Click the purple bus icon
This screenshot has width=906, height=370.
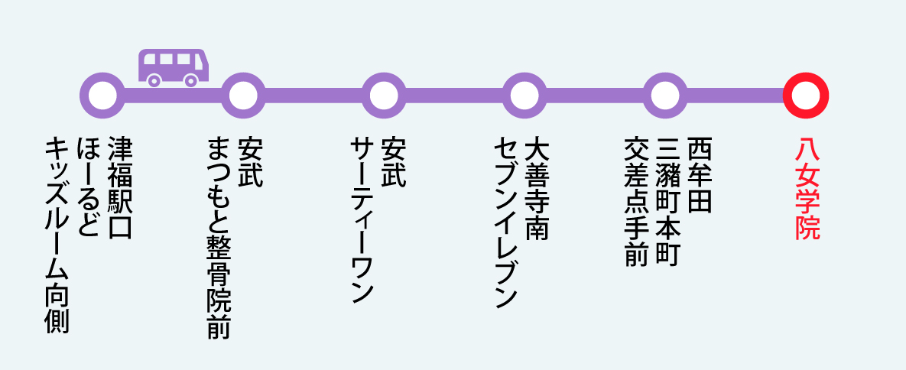(x=173, y=67)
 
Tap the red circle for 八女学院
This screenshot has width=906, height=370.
(x=805, y=95)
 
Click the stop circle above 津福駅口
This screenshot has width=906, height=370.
(x=103, y=95)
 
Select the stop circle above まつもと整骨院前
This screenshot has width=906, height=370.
(x=243, y=95)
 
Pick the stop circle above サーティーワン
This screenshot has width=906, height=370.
(x=383, y=95)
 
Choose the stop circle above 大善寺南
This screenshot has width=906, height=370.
(x=524, y=95)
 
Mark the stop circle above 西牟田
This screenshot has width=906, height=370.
(x=664, y=95)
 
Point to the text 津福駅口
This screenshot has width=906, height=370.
(x=120, y=187)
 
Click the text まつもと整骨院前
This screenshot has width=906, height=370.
(x=219, y=238)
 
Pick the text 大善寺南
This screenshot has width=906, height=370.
(x=537, y=187)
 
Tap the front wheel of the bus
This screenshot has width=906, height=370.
(x=191, y=79)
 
